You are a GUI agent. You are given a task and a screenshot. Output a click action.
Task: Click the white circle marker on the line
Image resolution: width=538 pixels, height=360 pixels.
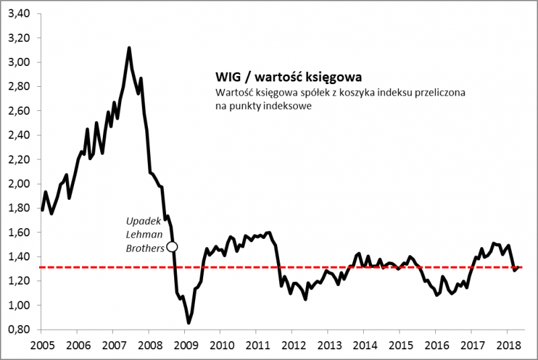pos(171,246)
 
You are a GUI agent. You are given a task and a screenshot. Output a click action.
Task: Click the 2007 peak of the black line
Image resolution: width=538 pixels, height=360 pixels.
pos(128,48)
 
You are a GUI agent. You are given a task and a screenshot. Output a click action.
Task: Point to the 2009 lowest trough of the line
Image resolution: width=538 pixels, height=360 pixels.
pos(189,323)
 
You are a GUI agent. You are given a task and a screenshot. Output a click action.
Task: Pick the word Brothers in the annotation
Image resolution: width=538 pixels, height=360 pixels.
pos(146,247)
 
